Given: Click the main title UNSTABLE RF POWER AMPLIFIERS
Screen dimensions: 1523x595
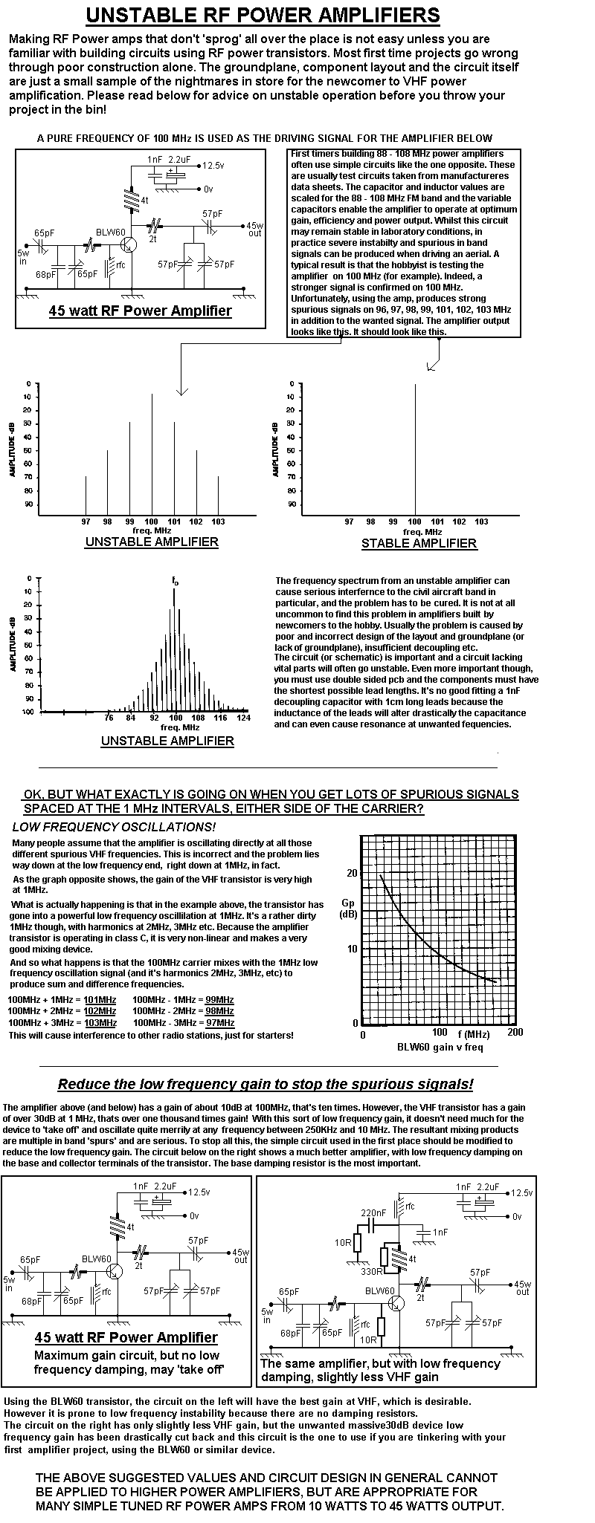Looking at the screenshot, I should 263,16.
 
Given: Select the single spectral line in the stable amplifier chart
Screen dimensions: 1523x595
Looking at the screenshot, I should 415,446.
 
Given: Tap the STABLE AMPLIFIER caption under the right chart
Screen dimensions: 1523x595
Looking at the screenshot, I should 419,543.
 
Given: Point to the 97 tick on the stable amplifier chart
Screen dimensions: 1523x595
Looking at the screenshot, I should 349,522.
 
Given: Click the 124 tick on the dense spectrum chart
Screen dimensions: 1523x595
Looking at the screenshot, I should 242,718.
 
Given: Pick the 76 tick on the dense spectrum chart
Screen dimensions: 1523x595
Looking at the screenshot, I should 109,718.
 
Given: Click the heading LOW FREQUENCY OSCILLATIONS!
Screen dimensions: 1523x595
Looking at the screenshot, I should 115,827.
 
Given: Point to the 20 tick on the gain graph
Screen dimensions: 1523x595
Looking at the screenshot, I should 352,872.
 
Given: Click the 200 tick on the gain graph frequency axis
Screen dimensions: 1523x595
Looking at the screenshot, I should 515,1033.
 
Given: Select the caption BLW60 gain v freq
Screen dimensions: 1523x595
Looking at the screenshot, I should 440,1047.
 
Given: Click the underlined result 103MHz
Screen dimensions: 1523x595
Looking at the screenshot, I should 100,1022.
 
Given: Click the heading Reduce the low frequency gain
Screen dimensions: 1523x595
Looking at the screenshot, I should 266,1084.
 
